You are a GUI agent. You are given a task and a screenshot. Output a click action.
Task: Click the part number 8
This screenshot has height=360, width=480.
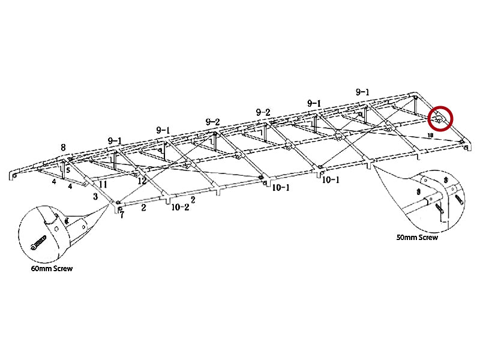pos(63,146)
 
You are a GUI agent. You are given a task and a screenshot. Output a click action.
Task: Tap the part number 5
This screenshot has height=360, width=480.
pos(68,170)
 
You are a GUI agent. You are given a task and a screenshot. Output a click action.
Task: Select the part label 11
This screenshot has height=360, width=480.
pos(103,184)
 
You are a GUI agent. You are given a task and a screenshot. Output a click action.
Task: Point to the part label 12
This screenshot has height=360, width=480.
pos(142,180)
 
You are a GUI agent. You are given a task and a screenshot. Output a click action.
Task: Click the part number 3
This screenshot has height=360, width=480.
pos(95,196)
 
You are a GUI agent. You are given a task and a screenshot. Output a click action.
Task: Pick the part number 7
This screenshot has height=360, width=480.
pos(121,214)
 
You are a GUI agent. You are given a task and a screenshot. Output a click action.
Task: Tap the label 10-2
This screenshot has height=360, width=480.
pos(180,208)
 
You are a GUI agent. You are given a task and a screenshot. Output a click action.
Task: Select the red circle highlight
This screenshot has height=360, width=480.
pos(442,118)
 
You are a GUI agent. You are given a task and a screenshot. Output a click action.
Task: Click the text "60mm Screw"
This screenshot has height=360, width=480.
pos(52,268)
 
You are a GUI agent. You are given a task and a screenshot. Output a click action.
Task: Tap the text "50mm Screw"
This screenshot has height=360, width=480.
pos(417,238)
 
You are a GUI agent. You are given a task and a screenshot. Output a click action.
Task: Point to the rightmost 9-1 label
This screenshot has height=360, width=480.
pos(362,92)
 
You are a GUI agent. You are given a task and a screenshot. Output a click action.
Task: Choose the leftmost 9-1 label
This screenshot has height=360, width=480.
pos(115,140)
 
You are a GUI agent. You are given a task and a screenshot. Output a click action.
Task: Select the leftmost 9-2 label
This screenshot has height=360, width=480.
pos(212,122)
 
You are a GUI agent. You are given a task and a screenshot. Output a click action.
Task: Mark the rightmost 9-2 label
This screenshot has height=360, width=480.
pos(263,113)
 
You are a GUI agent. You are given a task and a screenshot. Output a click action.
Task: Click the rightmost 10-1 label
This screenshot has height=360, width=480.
pos(331,179)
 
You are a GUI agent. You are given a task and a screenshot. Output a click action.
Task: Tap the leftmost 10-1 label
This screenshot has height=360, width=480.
pos(281,188)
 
